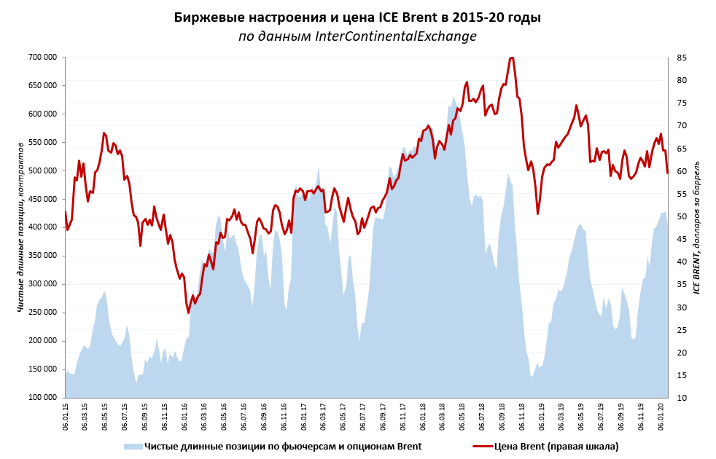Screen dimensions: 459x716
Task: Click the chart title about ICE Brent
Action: (x=357, y=17)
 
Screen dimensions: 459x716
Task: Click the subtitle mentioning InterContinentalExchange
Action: (x=357, y=36)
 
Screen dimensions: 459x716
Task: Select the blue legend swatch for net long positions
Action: (x=132, y=446)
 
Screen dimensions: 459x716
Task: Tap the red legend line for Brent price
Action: (x=482, y=446)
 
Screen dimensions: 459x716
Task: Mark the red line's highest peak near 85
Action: (x=511, y=58)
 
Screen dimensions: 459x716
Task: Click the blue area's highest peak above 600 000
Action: (x=453, y=97)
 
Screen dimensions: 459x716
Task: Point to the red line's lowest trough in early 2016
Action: (x=188, y=313)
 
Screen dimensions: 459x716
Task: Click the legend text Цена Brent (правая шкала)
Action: (x=556, y=446)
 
